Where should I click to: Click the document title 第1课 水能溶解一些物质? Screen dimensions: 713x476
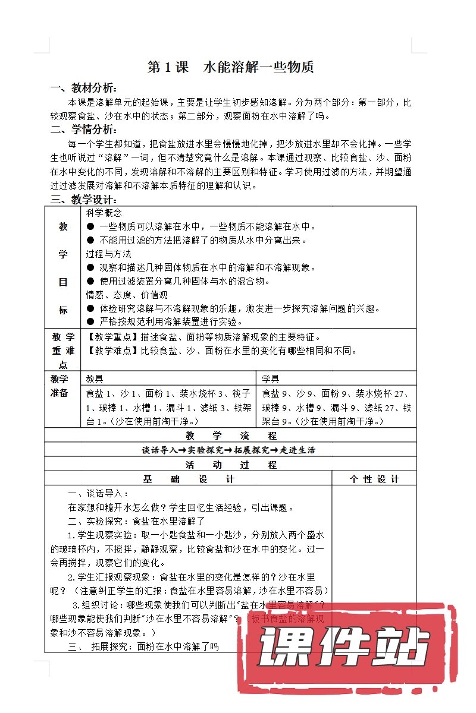(230, 68)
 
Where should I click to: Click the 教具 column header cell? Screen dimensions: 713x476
(95, 378)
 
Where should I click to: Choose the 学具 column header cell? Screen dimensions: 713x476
(271, 378)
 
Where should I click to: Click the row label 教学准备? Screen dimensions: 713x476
(62, 386)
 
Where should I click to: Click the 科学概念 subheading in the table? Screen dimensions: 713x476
(104, 213)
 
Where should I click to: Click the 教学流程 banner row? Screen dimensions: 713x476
(231, 436)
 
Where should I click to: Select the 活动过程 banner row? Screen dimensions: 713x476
(231, 465)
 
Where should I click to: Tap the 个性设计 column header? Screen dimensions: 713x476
(374, 479)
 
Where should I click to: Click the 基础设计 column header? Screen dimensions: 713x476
(189, 479)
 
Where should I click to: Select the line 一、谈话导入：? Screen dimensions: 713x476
(98, 493)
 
